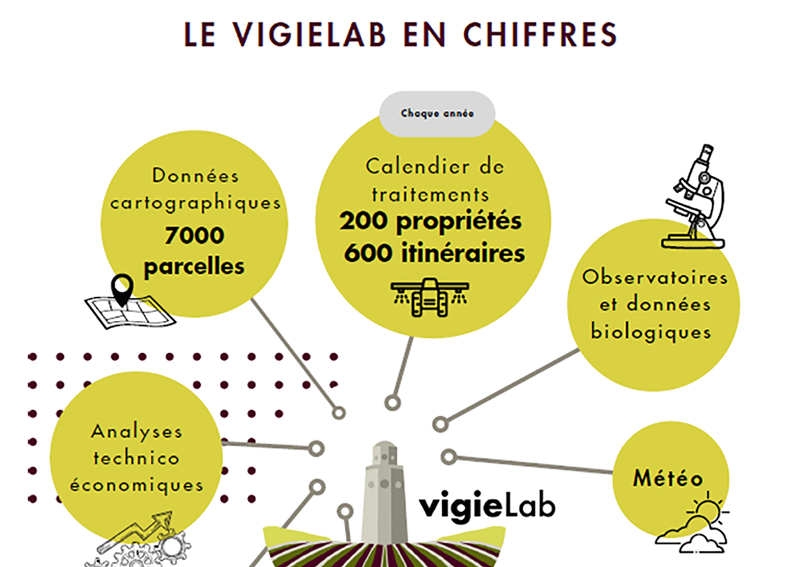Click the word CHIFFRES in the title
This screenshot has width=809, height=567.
pos(540,34)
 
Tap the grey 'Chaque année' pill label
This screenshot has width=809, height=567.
pos(437,114)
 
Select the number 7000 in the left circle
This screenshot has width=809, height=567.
pos(194,235)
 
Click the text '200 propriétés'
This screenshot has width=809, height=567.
pos(431,221)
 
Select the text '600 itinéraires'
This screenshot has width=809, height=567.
pos(434,253)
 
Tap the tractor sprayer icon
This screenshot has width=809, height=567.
pos(430,297)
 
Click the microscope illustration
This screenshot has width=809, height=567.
pos(694,197)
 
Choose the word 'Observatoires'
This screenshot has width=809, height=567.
pos(655,277)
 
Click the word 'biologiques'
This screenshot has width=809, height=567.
pos(651,332)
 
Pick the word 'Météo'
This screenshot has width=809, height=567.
pos(668,478)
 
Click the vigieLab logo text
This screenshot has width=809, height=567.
pos(487,507)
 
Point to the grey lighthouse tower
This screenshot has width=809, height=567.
pos(384,492)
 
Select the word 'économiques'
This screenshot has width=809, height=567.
pos(136,485)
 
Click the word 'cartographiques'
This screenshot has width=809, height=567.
pos(196,204)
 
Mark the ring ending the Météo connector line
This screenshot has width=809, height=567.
pos(449,457)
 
